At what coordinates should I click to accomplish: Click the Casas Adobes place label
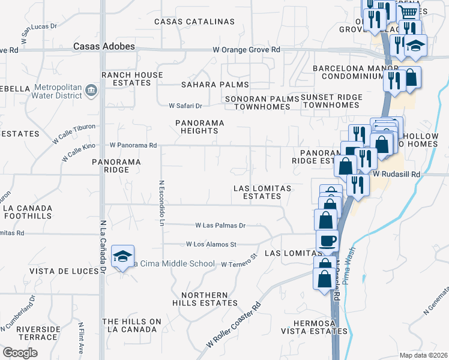coord(104,46)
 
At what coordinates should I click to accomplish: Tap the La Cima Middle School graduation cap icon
coord(122,257)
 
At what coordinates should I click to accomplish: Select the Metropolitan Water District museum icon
coord(91,90)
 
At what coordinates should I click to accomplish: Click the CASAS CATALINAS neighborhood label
coord(194,22)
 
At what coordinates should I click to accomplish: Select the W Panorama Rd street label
coord(133,145)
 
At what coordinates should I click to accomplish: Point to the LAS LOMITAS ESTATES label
coord(262,192)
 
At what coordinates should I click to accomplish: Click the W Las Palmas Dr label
coord(220,226)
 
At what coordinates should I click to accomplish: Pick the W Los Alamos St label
coord(211,244)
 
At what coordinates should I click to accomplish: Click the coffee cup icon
coord(327,241)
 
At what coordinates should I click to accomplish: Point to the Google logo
coord(20,353)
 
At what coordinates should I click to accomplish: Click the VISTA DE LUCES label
coord(67,271)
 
